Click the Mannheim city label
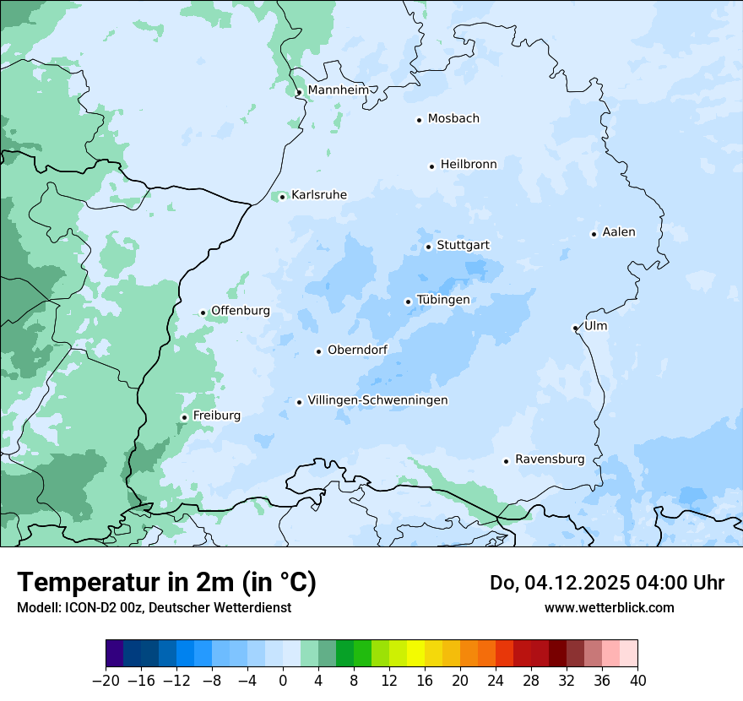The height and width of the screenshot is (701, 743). (338, 90)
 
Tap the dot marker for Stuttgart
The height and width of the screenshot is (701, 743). (428, 247)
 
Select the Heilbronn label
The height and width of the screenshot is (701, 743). (469, 165)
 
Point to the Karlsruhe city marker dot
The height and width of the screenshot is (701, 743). (282, 198)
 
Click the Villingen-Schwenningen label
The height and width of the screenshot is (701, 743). (377, 400)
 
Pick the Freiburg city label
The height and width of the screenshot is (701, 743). (216, 416)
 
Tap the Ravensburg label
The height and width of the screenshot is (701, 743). (549, 459)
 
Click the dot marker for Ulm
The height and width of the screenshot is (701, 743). (575, 328)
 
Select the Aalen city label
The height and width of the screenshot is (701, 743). (619, 232)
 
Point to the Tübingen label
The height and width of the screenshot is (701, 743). (443, 300)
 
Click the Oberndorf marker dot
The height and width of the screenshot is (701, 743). (318, 351)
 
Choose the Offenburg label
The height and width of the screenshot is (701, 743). (241, 311)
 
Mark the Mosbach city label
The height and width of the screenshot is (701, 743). (453, 119)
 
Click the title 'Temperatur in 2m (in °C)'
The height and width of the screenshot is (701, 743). (166, 582)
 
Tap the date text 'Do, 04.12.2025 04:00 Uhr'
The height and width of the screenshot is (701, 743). (607, 583)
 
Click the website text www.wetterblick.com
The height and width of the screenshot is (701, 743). (609, 607)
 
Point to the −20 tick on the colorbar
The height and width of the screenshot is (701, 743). (106, 681)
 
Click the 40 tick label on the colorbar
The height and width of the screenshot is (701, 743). (637, 681)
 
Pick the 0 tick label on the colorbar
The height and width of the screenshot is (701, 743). (283, 681)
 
